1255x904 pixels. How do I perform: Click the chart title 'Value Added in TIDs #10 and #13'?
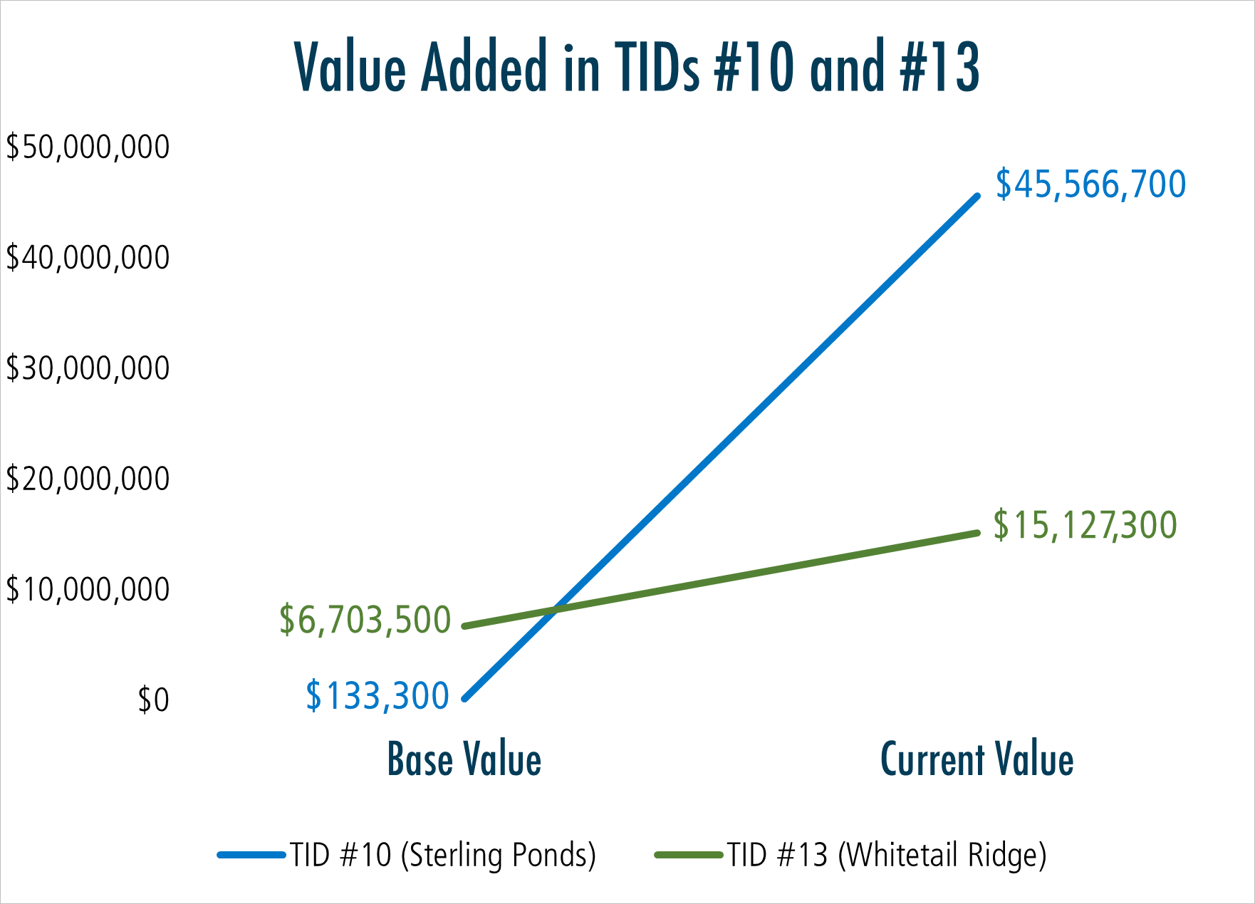(637, 67)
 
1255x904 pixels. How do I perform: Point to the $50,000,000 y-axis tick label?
(88, 147)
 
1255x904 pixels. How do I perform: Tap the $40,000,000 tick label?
(88, 258)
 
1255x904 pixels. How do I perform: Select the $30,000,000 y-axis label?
(88, 368)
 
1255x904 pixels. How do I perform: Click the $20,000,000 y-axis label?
(88, 479)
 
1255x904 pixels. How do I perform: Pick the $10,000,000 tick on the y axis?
(88, 589)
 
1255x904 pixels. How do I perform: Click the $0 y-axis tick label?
(153, 700)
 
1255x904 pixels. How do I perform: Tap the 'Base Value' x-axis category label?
(464, 759)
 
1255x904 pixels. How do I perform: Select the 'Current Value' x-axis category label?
(977, 759)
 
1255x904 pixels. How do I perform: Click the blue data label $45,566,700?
(1090, 185)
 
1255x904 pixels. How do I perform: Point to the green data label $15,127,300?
(1085, 526)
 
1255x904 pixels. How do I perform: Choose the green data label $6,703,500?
(365, 620)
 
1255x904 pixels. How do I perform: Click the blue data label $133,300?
(377, 696)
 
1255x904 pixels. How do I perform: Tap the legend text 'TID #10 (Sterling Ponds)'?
(442, 855)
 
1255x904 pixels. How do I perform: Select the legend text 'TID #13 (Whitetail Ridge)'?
(886, 855)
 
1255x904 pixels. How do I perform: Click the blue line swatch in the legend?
(251, 855)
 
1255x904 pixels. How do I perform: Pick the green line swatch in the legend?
(689, 855)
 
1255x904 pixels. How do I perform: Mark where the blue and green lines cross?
(556, 610)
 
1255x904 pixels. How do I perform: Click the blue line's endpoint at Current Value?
(977, 197)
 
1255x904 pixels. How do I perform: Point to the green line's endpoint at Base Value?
(465, 626)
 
